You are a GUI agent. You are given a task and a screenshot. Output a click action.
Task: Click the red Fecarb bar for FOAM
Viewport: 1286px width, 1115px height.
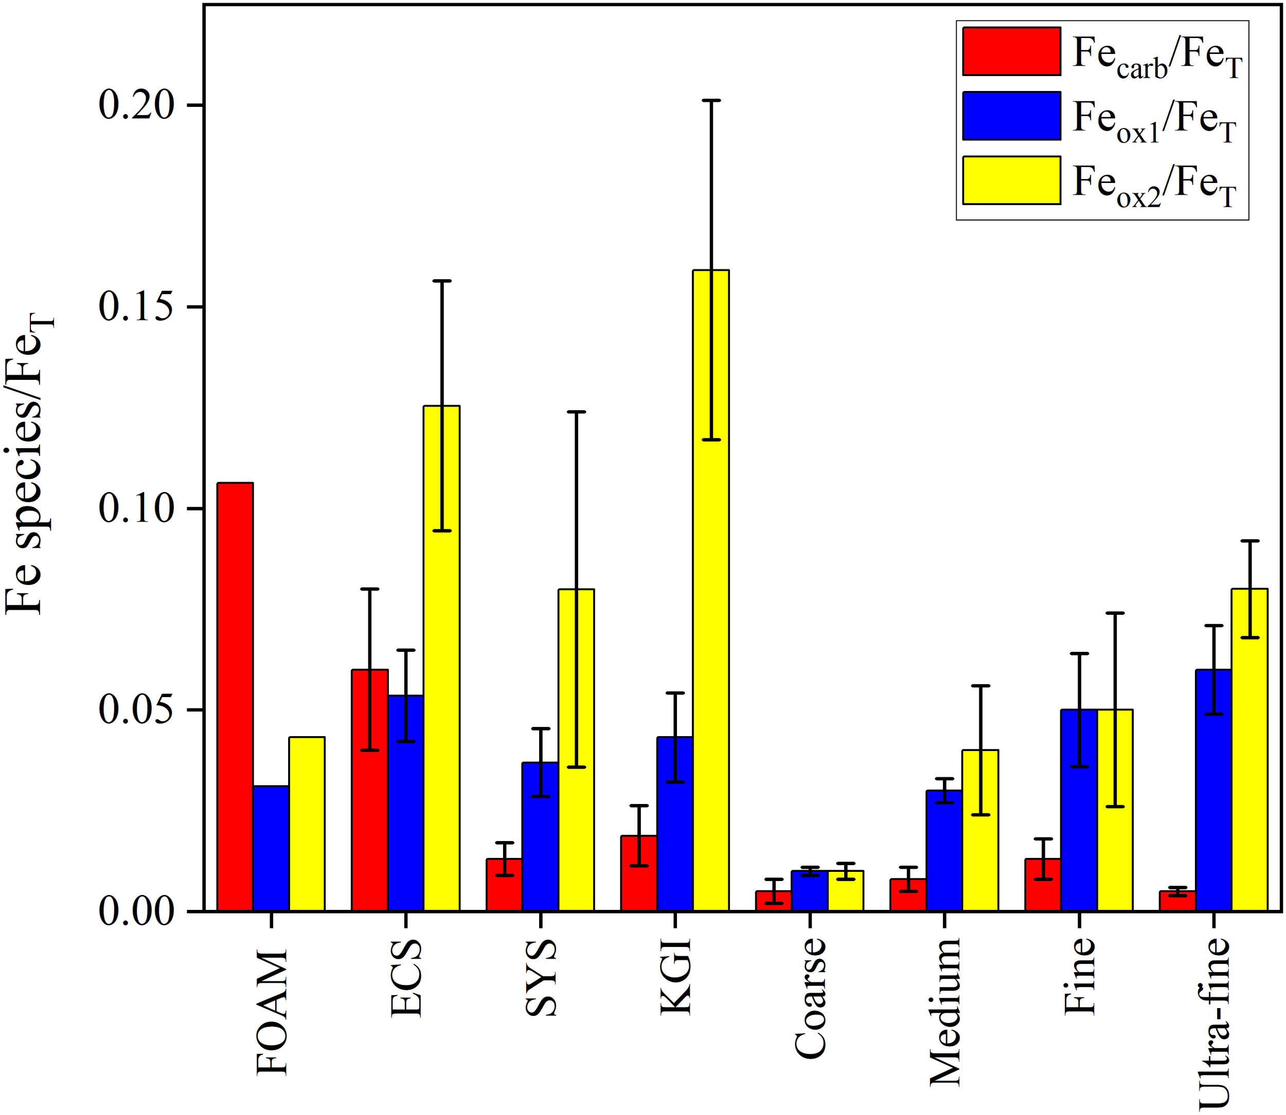click(x=235, y=697)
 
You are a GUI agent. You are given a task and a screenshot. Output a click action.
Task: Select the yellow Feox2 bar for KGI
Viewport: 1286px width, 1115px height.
click(x=711, y=591)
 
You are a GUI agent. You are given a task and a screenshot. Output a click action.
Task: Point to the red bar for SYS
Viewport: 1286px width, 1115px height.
click(x=504, y=884)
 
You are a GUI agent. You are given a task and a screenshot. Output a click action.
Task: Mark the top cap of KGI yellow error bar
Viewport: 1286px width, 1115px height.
click(x=711, y=100)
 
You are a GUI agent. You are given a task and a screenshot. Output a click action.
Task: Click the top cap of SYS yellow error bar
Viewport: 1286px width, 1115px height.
click(x=576, y=412)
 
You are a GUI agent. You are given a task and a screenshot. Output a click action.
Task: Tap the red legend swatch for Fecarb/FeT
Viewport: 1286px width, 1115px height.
click(x=1011, y=51)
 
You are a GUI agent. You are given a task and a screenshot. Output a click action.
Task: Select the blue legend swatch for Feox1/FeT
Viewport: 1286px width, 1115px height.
click(x=1011, y=116)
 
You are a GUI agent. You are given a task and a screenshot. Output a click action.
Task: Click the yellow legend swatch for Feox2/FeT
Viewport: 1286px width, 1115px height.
click(x=1011, y=180)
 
